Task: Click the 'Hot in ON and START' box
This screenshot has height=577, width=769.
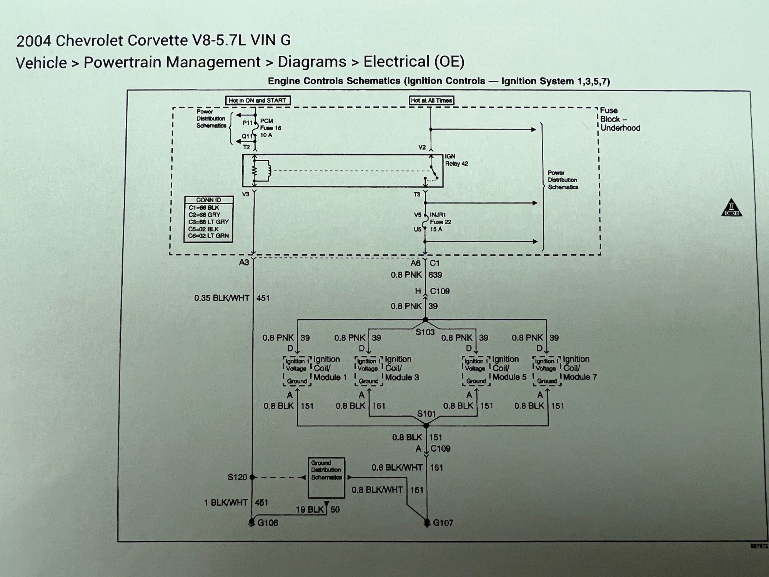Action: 257,100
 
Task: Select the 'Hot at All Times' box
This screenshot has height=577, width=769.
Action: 431,100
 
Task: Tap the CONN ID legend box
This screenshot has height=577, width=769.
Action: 208,219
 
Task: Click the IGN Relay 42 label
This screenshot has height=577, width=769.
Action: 456,160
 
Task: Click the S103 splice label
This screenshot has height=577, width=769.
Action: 425,332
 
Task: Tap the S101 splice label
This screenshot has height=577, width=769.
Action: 427,414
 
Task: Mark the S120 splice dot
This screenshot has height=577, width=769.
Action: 252,477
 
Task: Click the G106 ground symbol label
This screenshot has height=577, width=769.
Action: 268,523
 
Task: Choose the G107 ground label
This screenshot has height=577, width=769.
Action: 443,523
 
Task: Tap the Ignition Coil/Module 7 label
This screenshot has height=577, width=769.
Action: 580,368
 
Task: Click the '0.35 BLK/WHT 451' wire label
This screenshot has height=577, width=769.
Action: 231,298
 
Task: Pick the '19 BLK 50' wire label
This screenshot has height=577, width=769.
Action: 318,510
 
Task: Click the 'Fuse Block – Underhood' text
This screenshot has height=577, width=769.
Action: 620,119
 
